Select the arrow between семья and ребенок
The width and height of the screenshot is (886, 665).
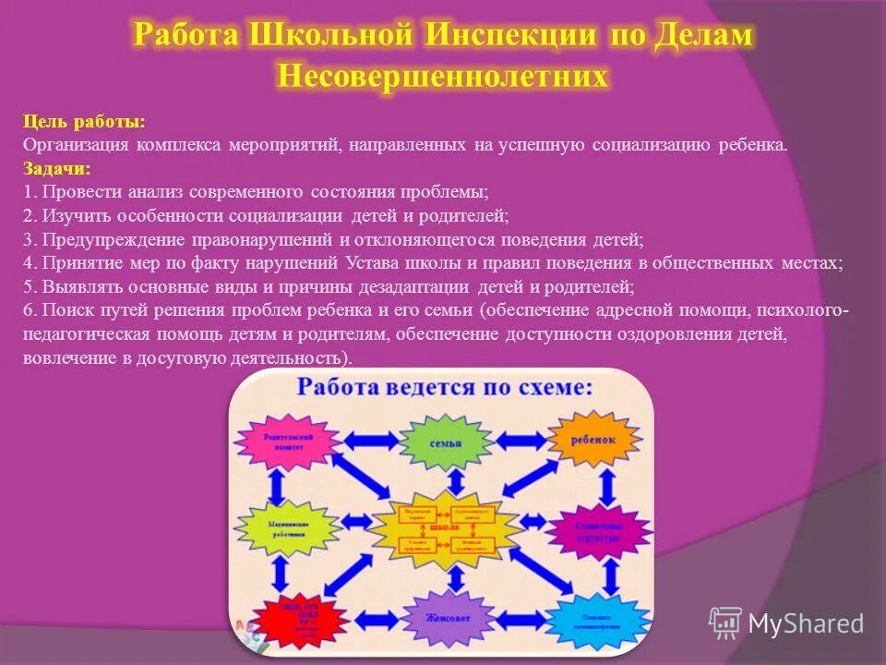pyautogui.click(x=521, y=441)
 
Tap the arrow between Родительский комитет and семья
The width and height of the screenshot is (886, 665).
pyautogui.click(x=366, y=441)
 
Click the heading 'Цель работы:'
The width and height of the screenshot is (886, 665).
pyautogui.click(x=84, y=122)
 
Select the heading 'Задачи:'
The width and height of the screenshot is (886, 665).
pyautogui.click(x=57, y=168)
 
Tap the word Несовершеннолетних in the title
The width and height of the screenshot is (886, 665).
pyautogui.click(x=443, y=76)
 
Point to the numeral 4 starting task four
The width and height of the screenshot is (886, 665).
pyautogui.click(x=28, y=262)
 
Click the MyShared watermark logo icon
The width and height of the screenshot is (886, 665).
pyautogui.click(x=725, y=623)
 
